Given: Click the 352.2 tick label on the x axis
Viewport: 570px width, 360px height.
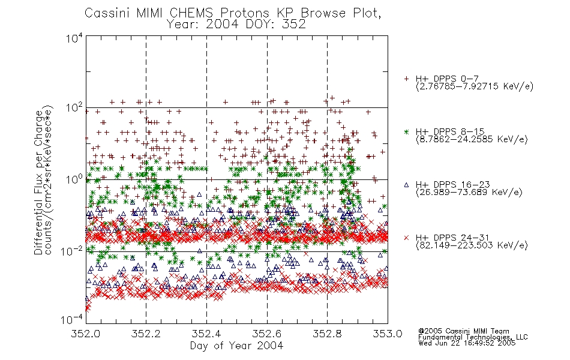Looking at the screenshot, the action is (x=146, y=334).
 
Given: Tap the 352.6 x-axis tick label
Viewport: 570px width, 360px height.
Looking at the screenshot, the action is (x=267, y=334).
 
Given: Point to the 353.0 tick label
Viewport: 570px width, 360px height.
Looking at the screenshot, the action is (x=388, y=334).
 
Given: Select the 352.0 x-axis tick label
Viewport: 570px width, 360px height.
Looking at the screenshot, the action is (x=85, y=334).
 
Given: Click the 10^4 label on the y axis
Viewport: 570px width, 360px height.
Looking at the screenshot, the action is (x=74, y=38).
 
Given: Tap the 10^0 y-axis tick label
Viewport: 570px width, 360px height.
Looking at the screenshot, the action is (x=74, y=179).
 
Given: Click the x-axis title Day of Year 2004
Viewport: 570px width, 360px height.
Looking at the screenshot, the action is (x=236, y=346).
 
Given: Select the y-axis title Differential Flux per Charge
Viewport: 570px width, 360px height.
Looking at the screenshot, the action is (x=38, y=182).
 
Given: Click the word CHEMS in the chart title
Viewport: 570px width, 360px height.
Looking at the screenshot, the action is (x=191, y=13).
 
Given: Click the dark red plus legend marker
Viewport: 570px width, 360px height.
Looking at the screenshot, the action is (x=406, y=79).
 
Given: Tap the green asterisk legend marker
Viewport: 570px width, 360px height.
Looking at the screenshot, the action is (x=406, y=131).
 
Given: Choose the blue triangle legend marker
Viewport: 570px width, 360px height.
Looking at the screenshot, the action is (x=406, y=185).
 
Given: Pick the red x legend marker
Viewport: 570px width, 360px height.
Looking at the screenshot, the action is (x=406, y=238).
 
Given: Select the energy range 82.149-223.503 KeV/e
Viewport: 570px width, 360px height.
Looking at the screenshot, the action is (x=472, y=245).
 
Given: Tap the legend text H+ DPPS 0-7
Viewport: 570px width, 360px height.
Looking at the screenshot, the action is (x=447, y=79).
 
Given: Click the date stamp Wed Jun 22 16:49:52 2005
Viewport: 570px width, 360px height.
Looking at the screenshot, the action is (x=467, y=343).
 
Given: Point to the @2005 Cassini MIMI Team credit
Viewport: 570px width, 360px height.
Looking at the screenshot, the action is (x=463, y=331).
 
